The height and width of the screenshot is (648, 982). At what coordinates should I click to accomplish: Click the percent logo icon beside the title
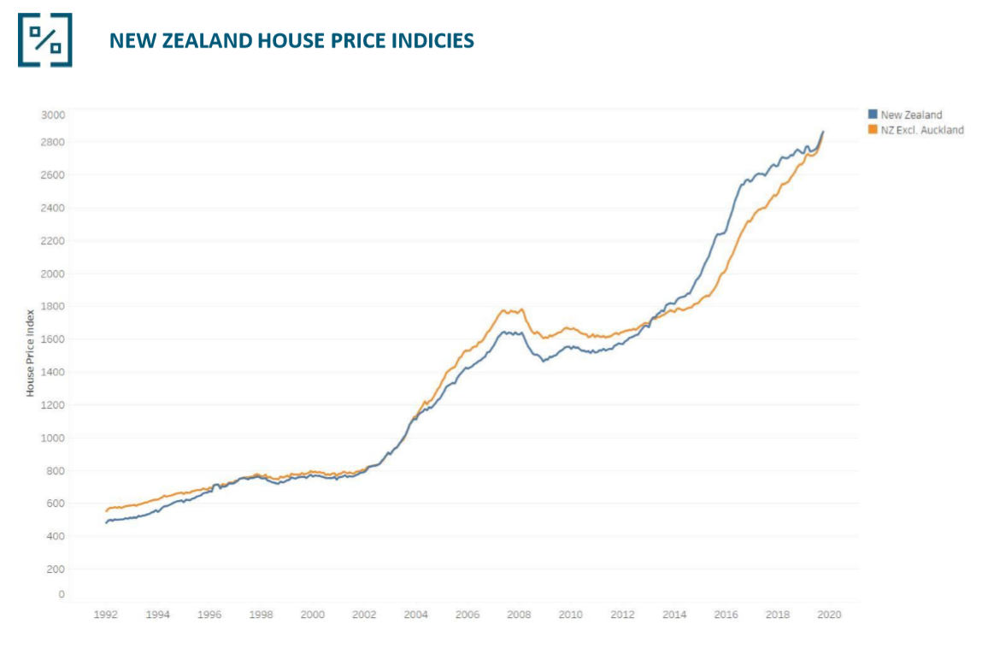point(44,39)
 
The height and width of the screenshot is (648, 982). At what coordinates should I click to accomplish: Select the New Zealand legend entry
point(911,115)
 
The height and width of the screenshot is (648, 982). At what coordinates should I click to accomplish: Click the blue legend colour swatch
point(873,115)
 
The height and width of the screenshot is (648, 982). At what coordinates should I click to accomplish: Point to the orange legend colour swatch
point(873,130)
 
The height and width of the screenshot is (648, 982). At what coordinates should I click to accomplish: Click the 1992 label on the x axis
point(105,615)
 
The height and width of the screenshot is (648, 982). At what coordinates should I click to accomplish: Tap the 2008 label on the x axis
point(520,615)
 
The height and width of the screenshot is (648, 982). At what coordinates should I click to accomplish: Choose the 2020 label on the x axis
point(829,615)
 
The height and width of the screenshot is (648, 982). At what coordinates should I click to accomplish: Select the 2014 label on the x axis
point(674,615)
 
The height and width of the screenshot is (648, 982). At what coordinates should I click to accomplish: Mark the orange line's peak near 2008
point(522,309)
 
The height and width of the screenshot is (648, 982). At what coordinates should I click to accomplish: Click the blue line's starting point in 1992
point(106,522)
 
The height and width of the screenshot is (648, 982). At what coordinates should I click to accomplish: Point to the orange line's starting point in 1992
point(106,510)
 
